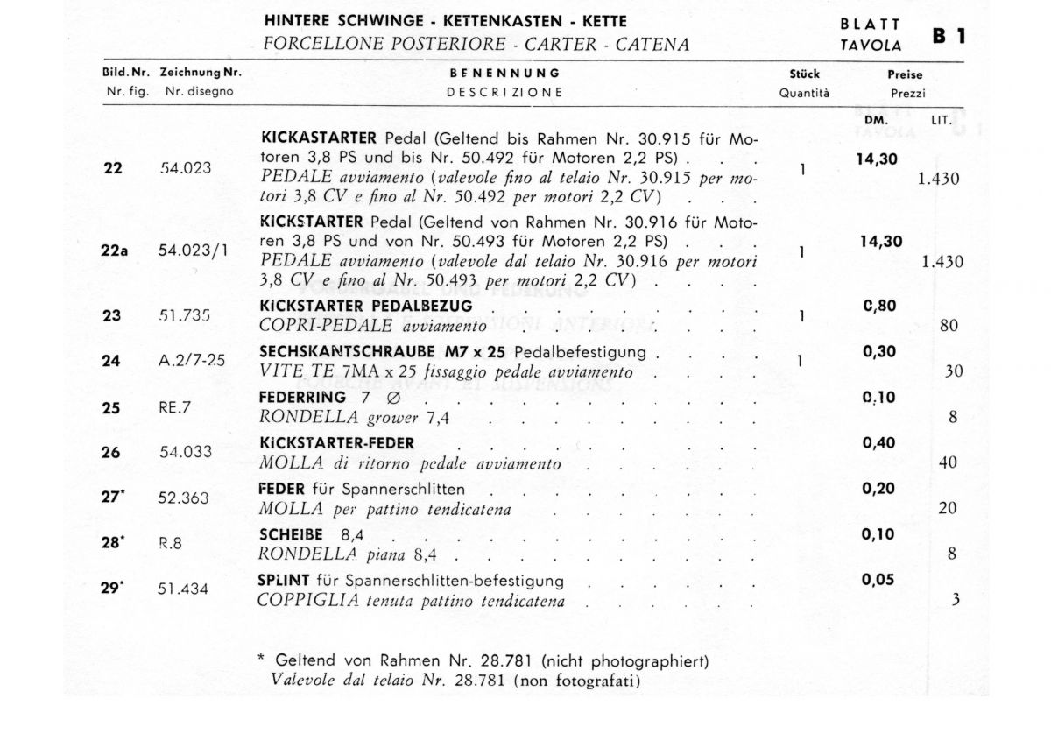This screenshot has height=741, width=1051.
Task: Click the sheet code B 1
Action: point(954,37)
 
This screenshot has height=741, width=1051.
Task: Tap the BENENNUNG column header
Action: point(504,74)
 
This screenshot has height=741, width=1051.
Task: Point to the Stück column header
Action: point(804,74)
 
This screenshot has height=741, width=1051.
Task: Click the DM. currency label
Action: point(876,118)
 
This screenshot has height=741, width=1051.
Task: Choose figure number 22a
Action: point(114,250)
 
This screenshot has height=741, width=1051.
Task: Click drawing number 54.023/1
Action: point(192,250)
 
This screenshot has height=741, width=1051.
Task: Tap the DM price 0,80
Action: point(879,307)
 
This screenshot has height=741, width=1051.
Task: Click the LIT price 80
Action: point(948,326)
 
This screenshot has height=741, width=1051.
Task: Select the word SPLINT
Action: point(280,581)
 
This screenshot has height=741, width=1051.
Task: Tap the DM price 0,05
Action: point(879,579)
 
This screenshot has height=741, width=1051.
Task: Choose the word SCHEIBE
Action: point(292,534)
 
